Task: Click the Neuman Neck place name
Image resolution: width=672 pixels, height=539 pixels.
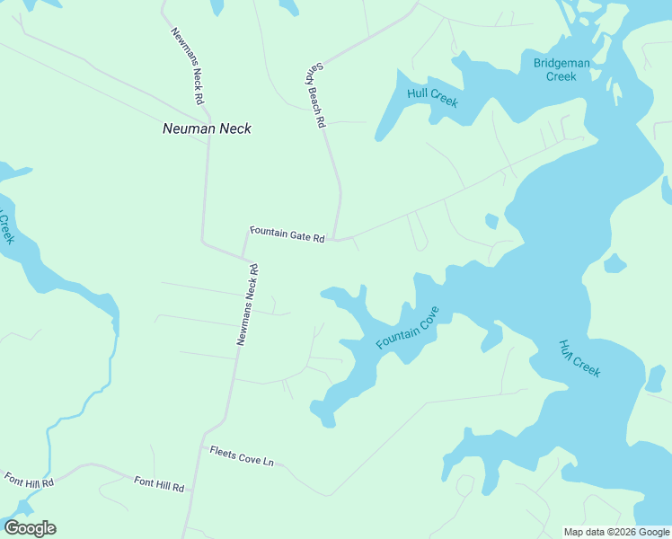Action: [x=207, y=128]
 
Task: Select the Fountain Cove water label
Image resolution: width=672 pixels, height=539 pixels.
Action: [x=407, y=329]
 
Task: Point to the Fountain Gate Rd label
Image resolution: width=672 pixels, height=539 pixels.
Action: [x=287, y=234]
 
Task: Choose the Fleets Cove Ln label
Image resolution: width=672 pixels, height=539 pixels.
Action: [x=241, y=457]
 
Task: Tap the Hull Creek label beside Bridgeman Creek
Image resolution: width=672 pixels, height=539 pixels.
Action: [x=432, y=97]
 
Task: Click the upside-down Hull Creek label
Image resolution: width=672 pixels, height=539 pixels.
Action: [x=579, y=358]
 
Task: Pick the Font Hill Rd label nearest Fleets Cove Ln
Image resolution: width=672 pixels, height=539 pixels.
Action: [x=159, y=486]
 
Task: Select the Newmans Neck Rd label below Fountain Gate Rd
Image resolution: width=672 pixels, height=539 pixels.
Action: [x=247, y=305]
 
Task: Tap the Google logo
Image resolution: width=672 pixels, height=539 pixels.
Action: [x=30, y=528]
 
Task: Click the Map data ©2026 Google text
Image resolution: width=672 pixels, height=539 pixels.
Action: [x=616, y=532]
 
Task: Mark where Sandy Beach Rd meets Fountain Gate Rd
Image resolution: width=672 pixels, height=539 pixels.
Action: [x=335, y=239]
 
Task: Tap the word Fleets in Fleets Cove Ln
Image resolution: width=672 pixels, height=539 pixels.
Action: [x=223, y=454]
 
